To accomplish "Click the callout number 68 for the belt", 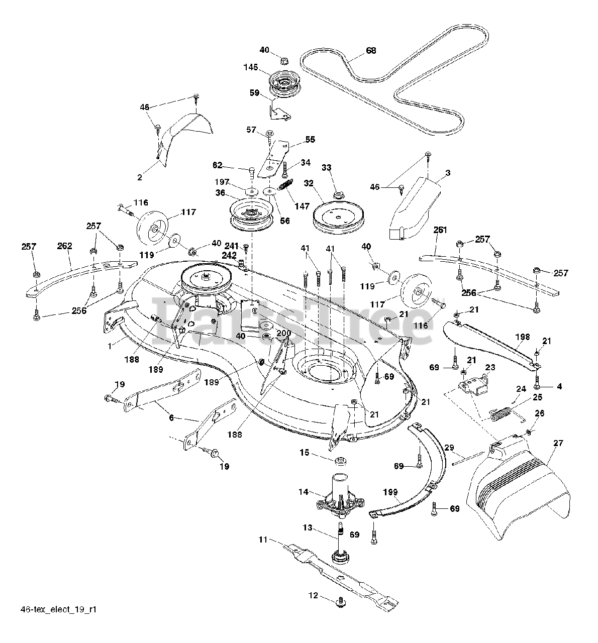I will (371, 51).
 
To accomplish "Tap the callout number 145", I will (251, 67).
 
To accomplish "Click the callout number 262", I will (65, 246).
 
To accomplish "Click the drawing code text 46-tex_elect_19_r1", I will (59, 610).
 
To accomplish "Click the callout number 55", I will (310, 140).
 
